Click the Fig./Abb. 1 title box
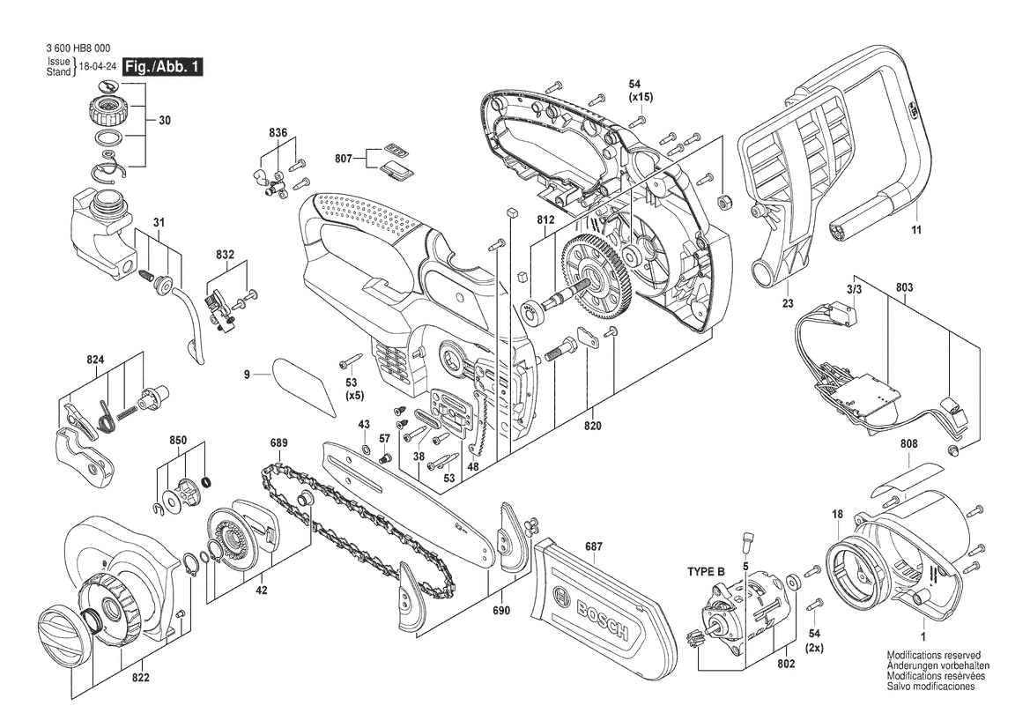[x=164, y=67]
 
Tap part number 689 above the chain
[x=278, y=442]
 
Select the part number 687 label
[x=593, y=546]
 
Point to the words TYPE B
[x=706, y=572]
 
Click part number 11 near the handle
[x=916, y=230]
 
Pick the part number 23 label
[x=788, y=303]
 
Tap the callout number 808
[x=908, y=443]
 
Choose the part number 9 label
[x=247, y=375]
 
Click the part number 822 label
[x=141, y=678]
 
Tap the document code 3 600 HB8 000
[x=78, y=48]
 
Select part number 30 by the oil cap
[x=164, y=121]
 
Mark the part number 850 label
[x=177, y=440]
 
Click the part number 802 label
[x=786, y=665]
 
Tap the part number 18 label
[x=837, y=515]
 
